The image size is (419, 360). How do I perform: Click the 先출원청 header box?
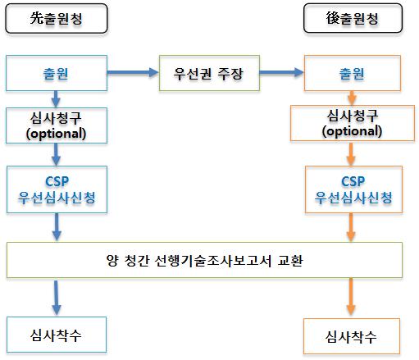coord(57,19)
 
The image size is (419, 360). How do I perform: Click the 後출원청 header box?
coord(353,18)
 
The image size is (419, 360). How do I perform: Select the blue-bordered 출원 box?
coord(57,73)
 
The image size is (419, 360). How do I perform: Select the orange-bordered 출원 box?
coord(353,73)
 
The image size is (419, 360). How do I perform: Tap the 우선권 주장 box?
coord(209,73)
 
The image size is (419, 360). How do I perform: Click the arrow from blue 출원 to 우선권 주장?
coord(133,72)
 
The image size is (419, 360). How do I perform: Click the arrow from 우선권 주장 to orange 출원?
coord(281,72)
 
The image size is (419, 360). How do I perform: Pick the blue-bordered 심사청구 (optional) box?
coord(57,125)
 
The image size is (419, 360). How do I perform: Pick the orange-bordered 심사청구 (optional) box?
coord(353,123)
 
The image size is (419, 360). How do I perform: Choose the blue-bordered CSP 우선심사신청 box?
coord(57,189)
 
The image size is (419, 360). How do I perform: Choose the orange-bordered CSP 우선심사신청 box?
coord(353,189)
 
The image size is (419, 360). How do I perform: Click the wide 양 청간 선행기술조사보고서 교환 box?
coord(204,260)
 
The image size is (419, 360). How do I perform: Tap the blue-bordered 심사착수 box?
coord(57,335)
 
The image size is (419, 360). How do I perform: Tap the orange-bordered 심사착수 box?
coord(352,336)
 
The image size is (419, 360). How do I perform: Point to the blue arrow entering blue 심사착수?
coord(57,298)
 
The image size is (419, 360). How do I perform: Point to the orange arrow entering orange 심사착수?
coord(351,297)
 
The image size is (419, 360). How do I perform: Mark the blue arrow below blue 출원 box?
coord(56,99)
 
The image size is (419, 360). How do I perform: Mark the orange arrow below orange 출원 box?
coord(352,98)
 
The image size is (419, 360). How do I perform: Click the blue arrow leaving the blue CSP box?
coord(57,227)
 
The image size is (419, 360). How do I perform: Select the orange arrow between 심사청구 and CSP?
coord(351,153)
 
